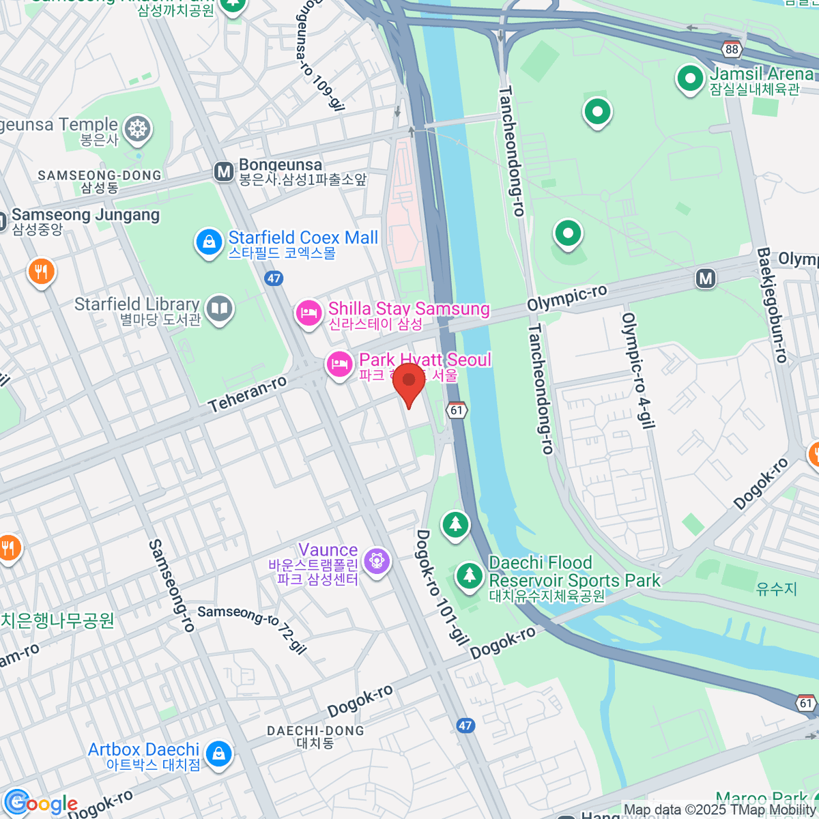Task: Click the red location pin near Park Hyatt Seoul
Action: [x=409, y=382]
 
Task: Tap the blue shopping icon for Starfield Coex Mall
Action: [x=209, y=242]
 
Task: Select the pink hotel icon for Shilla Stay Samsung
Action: [x=308, y=313]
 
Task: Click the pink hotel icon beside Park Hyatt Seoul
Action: [x=339, y=364]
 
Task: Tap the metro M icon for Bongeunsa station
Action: [x=223, y=171]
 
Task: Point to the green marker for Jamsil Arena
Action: [x=690, y=78]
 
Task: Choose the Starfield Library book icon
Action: [x=219, y=308]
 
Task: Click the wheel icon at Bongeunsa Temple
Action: [x=138, y=129]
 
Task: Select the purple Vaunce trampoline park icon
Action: [x=376, y=561]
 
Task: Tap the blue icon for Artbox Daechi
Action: [x=218, y=753]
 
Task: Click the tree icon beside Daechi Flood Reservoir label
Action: [x=469, y=575]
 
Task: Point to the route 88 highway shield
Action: [x=732, y=49]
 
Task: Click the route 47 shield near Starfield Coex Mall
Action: [x=274, y=278]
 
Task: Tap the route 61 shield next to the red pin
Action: [x=457, y=409]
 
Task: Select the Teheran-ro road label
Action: [x=248, y=394]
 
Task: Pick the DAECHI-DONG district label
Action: [x=315, y=731]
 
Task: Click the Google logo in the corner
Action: [x=41, y=803]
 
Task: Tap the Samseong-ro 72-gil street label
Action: [x=253, y=629]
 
